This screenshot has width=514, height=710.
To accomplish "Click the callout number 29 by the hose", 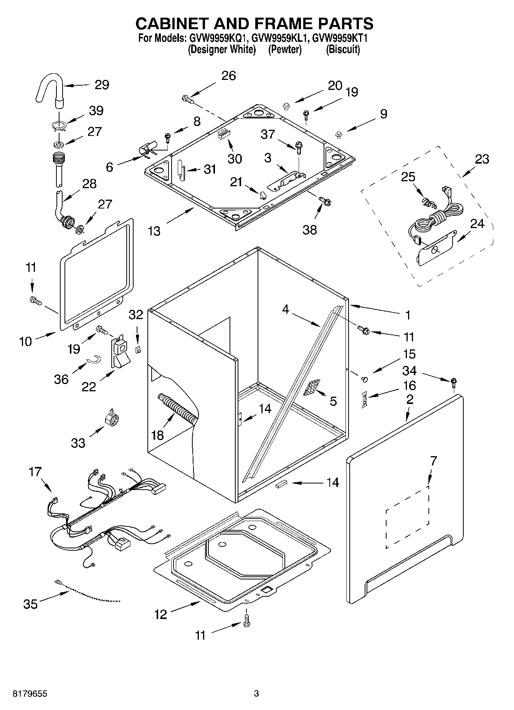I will click(x=102, y=84).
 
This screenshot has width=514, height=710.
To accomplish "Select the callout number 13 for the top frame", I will click(x=154, y=231).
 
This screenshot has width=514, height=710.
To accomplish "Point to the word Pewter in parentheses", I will click(x=284, y=50).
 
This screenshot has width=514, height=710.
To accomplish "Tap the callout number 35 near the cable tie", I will click(x=30, y=604).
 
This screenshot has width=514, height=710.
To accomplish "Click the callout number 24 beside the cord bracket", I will click(x=477, y=223).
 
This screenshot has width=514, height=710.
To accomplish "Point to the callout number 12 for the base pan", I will click(x=161, y=614).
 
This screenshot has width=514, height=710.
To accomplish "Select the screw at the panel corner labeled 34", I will click(x=454, y=382).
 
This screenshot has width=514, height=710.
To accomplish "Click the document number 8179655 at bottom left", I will click(x=25, y=693).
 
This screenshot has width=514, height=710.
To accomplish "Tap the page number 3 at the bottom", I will click(x=256, y=693).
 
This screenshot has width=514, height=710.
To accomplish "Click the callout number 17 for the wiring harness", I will click(x=35, y=472).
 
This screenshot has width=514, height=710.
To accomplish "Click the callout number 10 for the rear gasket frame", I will click(x=25, y=341).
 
